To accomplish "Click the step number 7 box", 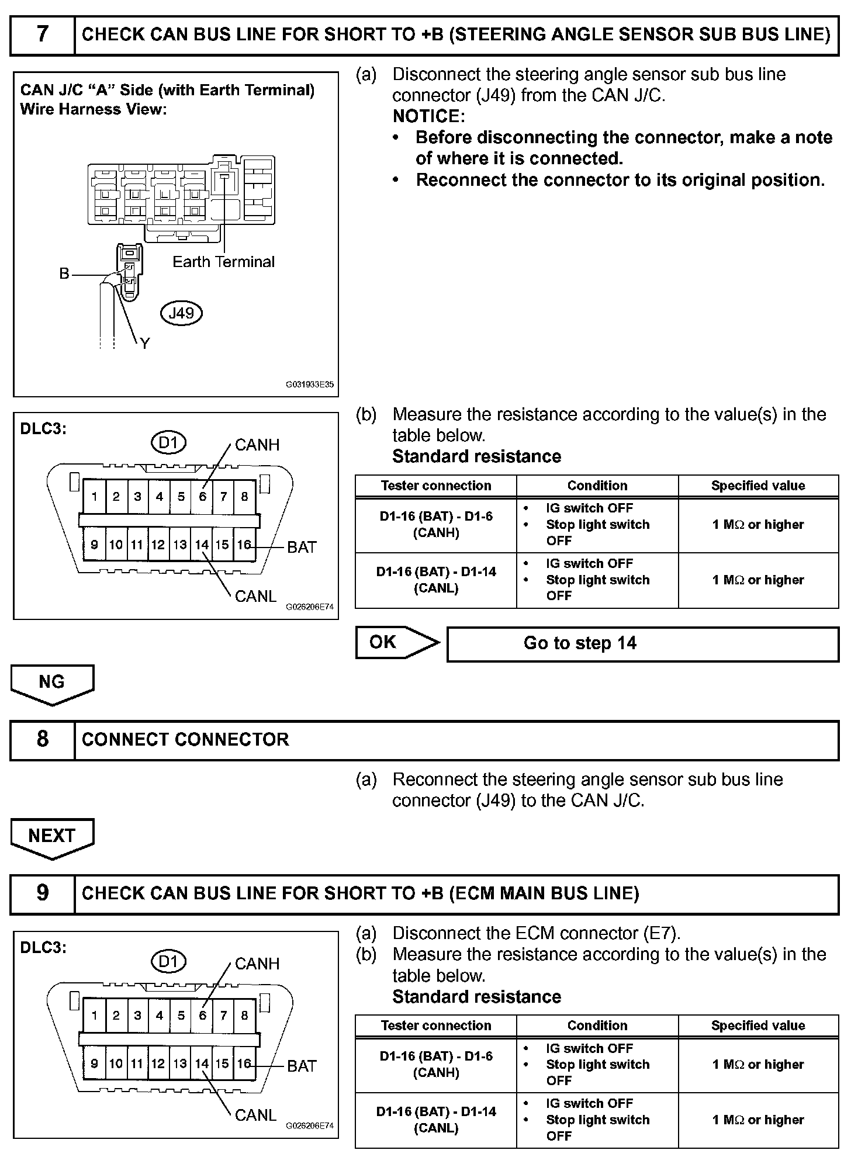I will point(43,34).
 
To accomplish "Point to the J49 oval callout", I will point(181,313).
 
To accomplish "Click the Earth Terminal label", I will point(223,262).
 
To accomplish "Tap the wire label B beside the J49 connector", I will point(64,273).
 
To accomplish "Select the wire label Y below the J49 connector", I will point(145,344).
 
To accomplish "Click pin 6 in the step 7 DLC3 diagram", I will point(202,497).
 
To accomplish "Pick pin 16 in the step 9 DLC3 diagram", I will point(244,1063).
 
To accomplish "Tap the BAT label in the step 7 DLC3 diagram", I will point(302,548).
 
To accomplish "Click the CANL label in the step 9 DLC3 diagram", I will point(255,1115).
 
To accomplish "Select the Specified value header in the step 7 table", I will point(758,486).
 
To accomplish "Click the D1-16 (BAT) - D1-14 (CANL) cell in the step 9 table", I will point(436,1120).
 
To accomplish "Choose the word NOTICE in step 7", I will point(428,116).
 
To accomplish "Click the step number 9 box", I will point(43,893).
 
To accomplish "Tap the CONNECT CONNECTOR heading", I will point(185,739).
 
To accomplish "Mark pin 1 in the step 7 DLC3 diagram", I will point(94,497).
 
